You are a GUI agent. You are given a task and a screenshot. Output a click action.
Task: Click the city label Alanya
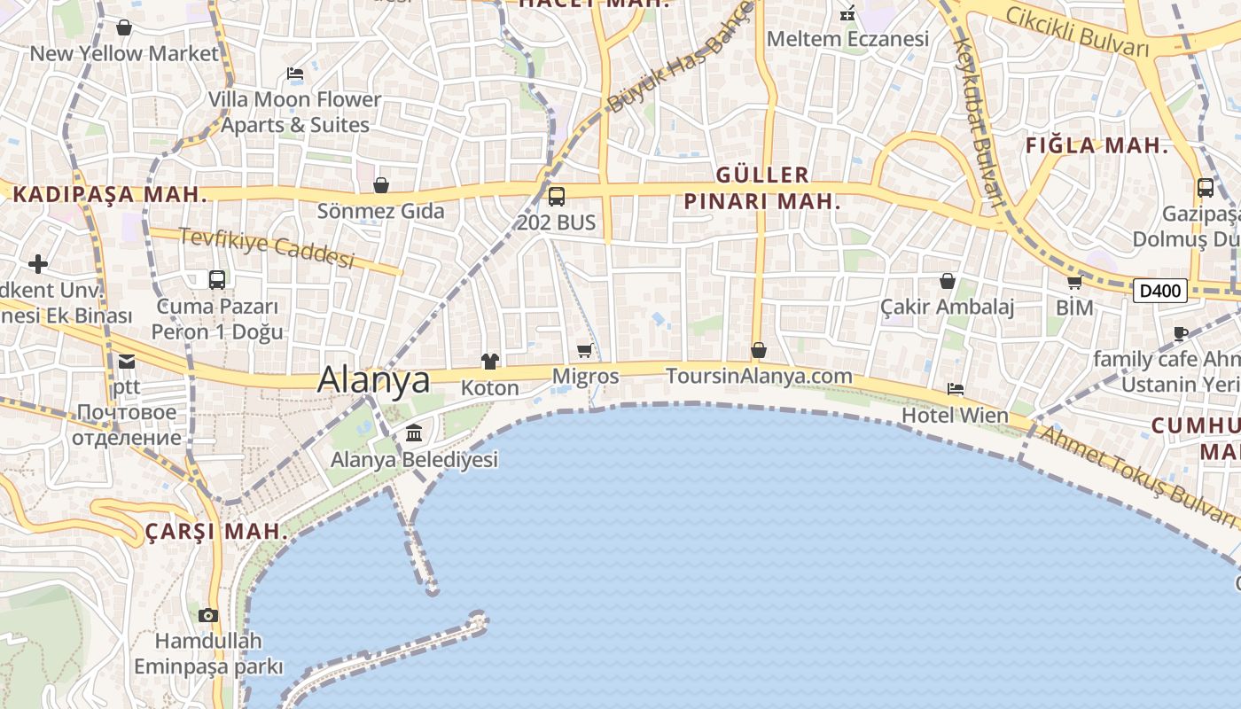click(373, 379)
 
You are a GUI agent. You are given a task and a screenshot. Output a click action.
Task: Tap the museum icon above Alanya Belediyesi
click(414, 433)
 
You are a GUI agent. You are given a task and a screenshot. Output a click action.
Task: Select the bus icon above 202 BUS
click(557, 197)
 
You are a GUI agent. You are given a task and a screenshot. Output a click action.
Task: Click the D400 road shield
click(1159, 291)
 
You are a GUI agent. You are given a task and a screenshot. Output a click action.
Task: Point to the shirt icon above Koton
click(489, 361)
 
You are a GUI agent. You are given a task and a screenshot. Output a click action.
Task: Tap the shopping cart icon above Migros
click(584, 351)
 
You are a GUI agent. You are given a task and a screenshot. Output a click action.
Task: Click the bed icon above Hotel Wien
click(956, 388)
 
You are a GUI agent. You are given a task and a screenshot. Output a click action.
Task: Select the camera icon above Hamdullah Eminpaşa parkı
click(208, 615)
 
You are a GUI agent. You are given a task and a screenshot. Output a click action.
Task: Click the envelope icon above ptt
click(126, 361)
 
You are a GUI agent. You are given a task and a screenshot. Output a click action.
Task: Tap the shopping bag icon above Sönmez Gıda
click(381, 185)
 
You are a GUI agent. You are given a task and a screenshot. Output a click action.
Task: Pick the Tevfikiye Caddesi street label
click(267, 248)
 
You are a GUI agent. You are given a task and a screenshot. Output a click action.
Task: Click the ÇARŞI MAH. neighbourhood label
click(216, 532)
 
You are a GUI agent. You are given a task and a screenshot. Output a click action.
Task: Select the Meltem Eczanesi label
click(847, 39)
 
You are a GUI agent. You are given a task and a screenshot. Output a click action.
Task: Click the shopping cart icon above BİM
click(1074, 283)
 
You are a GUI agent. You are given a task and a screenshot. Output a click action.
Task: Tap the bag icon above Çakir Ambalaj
click(948, 281)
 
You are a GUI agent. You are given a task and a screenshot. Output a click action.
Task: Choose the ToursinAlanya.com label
click(759, 376)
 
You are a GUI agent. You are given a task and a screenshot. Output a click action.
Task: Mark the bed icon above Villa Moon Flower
click(295, 74)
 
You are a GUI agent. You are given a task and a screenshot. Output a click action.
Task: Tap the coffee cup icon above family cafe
click(1180, 333)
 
